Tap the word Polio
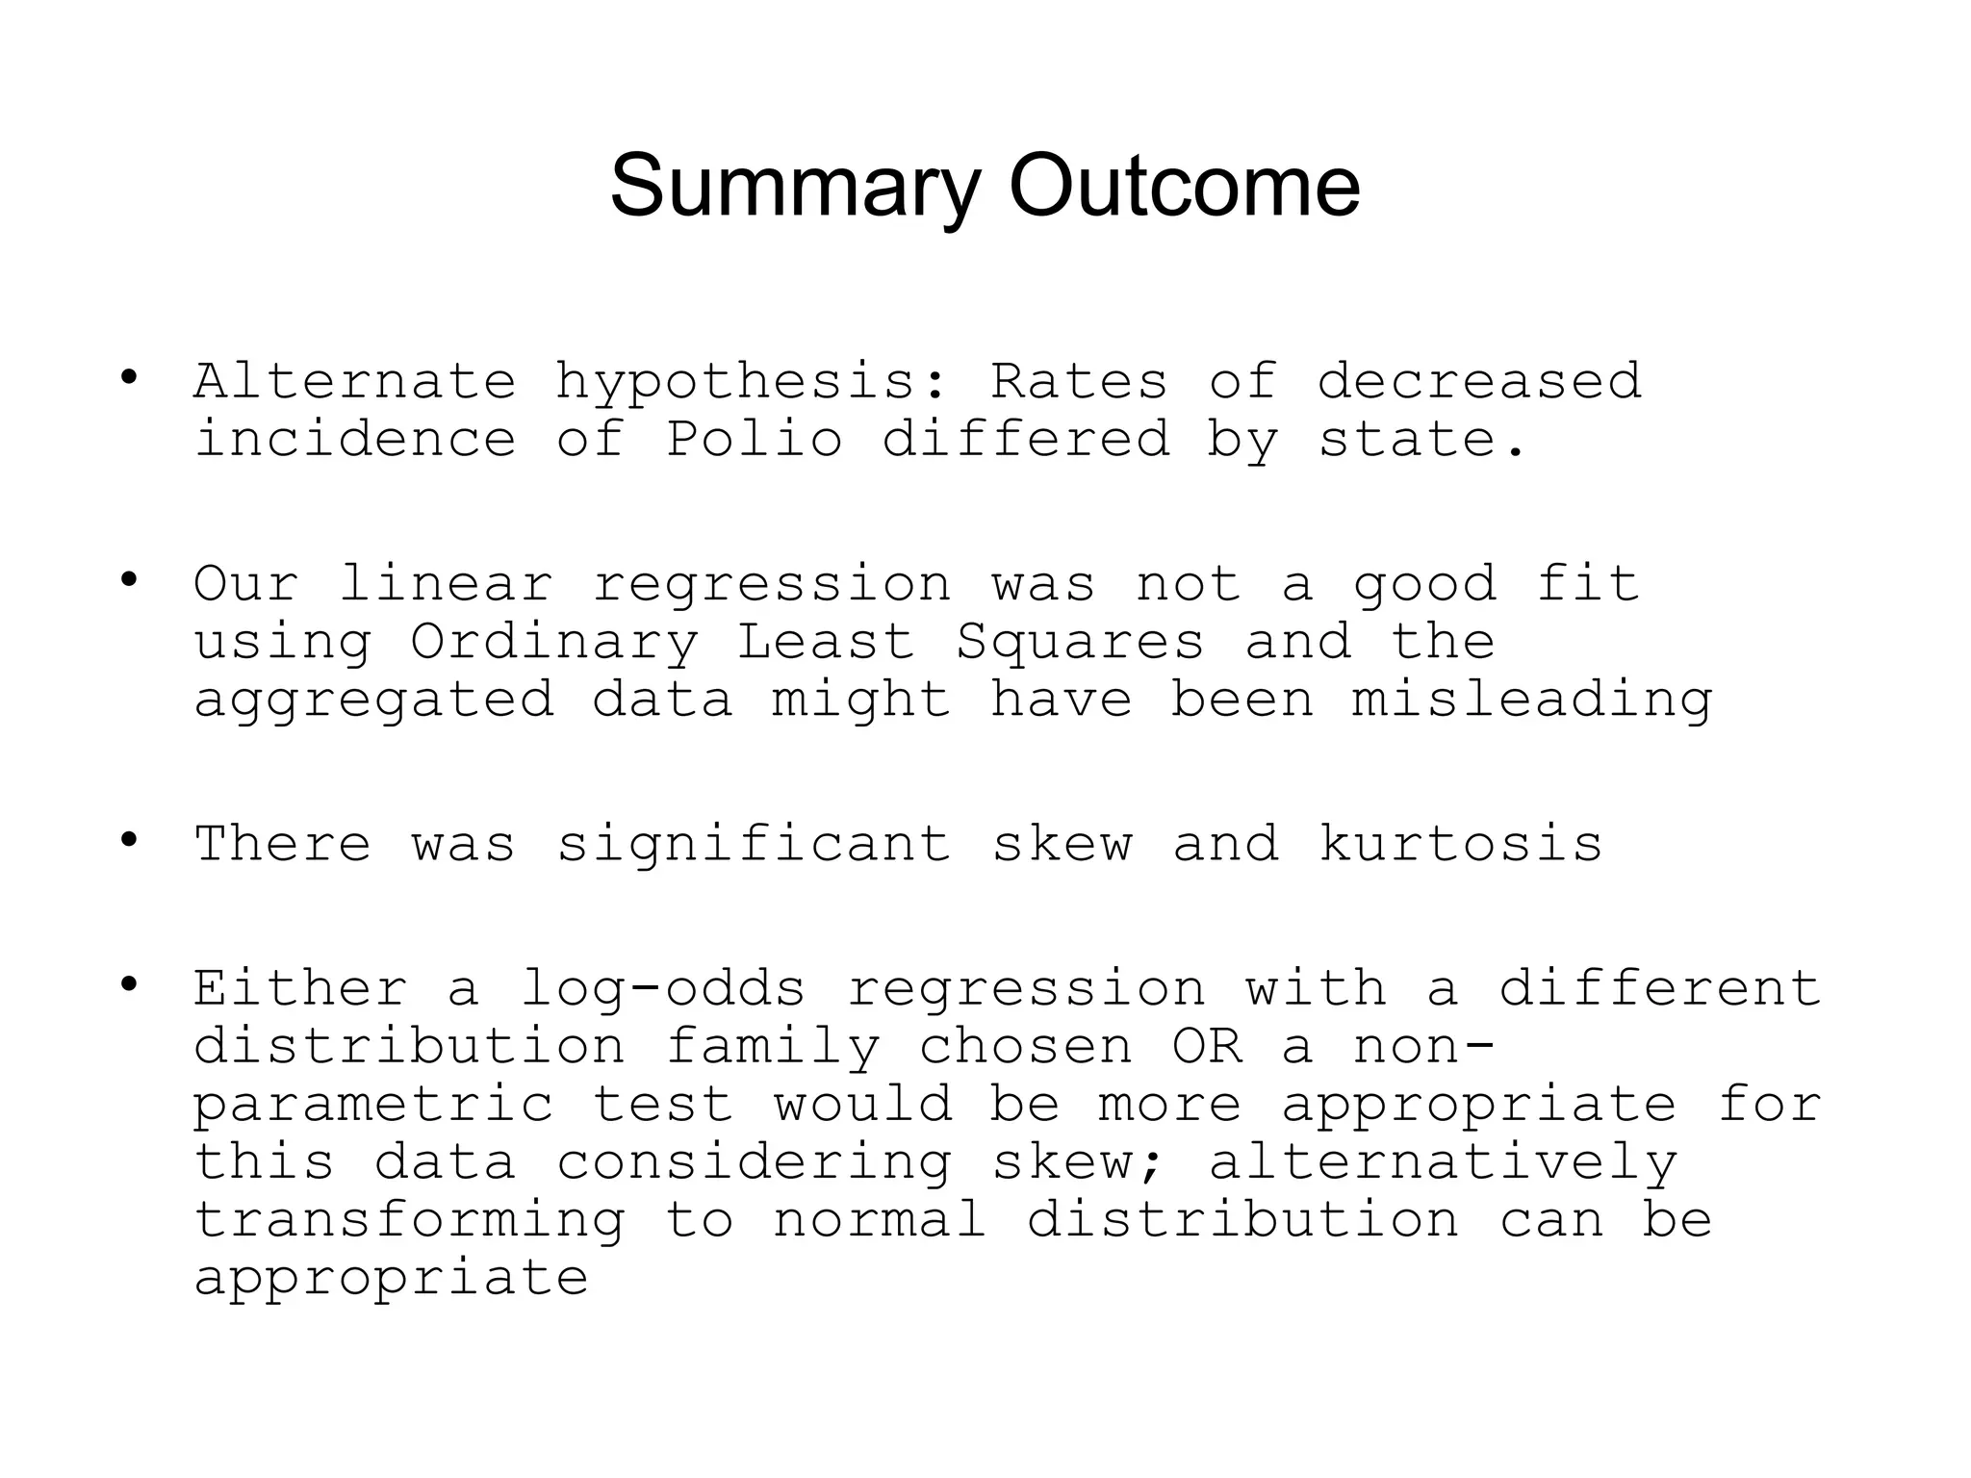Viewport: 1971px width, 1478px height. coord(755,440)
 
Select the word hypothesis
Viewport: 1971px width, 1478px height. coord(735,382)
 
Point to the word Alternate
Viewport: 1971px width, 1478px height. coord(355,382)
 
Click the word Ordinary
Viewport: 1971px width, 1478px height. coord(554,643)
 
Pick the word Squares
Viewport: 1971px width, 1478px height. coord(1080,643)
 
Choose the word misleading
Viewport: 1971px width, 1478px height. coord(1532,701)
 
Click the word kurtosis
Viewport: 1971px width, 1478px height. coord(1460,845)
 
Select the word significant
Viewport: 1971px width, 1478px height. coord(755,845)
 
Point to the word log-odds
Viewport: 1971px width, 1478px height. coord(663,989)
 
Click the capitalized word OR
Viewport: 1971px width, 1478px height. coord(1207,1047)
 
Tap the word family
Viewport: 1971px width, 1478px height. coord(773,1047)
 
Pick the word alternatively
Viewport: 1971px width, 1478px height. coord(1443,1162)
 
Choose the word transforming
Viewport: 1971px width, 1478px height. coord(410,1220)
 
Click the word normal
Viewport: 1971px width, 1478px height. coord(880,1220)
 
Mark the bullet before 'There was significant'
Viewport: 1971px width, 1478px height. coord(129,840)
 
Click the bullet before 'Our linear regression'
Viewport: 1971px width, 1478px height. coord(129,580)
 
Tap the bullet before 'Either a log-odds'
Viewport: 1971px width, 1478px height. coord(129,984)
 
